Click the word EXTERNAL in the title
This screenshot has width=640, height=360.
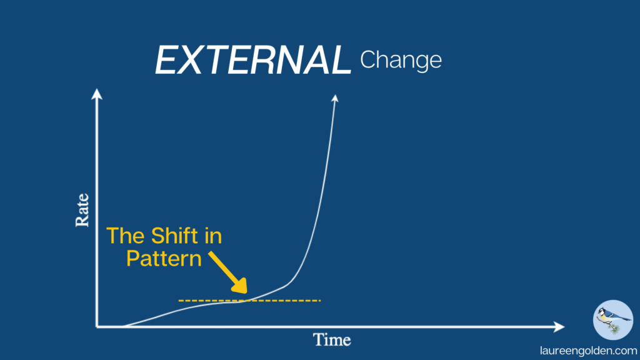[253, 60]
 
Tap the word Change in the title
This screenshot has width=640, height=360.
[401, 61]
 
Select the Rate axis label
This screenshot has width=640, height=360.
[82, 210]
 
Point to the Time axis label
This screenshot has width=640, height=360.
[332, 339]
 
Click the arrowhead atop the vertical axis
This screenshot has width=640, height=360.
[97, 94]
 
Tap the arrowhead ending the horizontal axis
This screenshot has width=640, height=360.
[559, 326]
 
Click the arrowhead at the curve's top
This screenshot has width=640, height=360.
[335, 98]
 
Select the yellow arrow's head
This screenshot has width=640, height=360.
[241, 286]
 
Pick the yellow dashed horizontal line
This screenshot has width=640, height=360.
[249, 301]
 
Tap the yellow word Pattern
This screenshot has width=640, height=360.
[164, 259]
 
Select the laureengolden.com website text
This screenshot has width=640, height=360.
[589, 351]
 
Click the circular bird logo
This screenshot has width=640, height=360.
[613, 320]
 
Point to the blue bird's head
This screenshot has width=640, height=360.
[602, 312]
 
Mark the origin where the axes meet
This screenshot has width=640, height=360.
[97, 326]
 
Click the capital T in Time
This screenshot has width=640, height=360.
[318, 339]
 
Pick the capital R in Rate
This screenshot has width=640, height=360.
[82, 221]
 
